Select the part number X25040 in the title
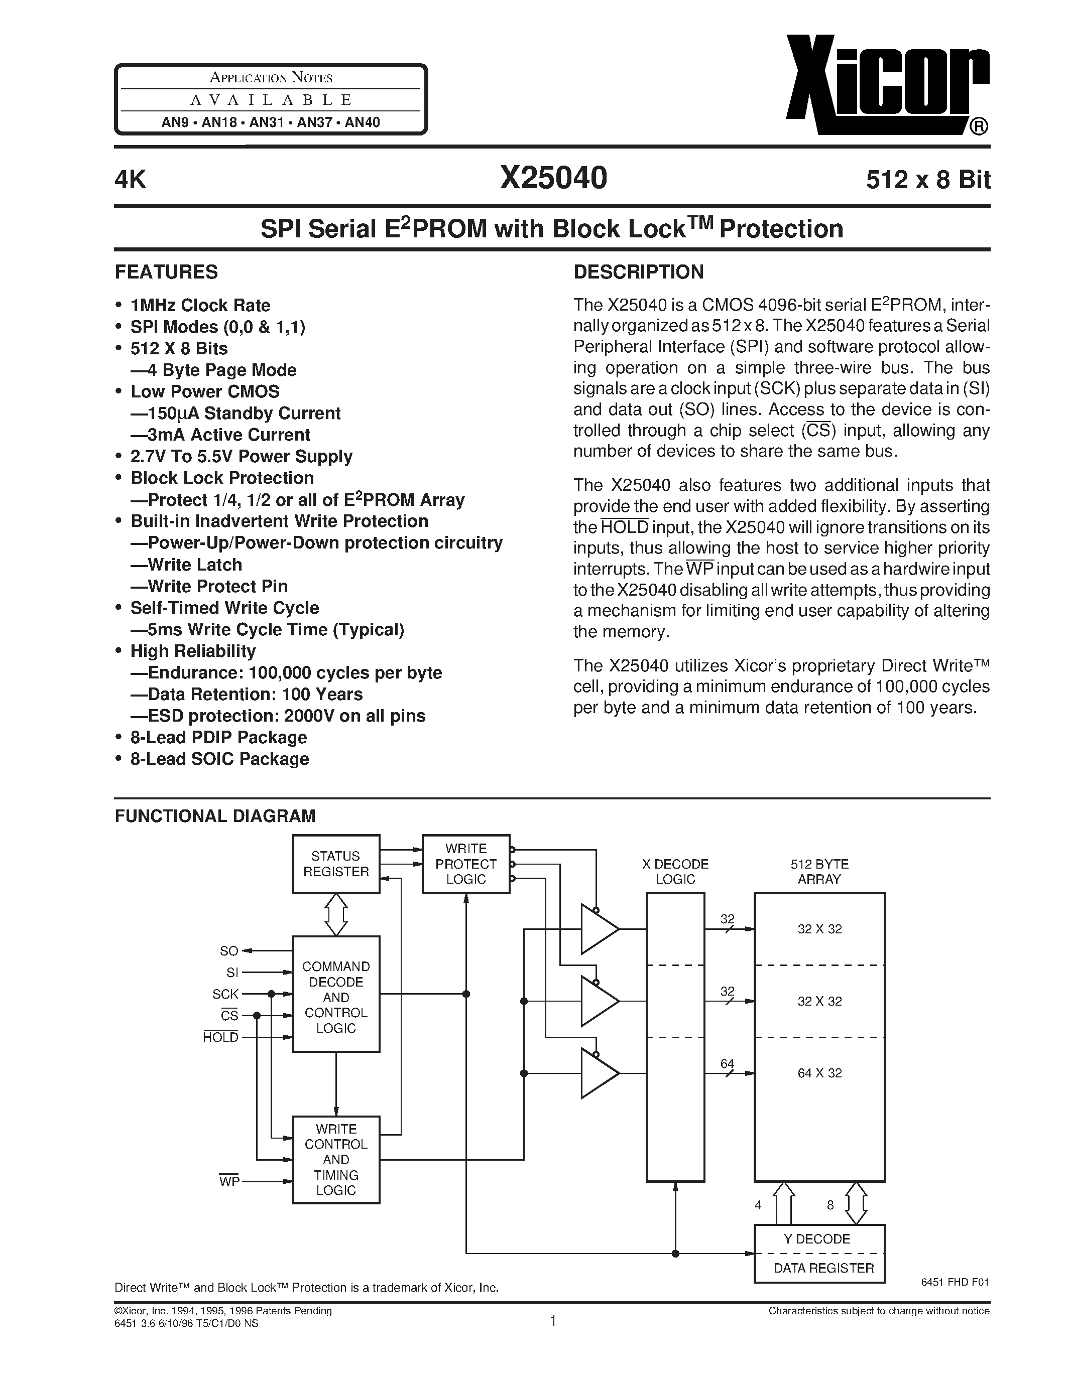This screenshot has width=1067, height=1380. tap(553, 178)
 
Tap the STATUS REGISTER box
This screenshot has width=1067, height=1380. tap(335, 864)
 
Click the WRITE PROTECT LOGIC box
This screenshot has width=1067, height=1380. tap(466, 864)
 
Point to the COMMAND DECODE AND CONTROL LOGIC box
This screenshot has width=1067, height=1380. tap(335, 997)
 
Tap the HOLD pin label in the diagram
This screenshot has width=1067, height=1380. tap(220, 1038)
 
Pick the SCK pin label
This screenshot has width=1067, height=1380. tap(225, 994)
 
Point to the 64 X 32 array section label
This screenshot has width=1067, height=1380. tap(819, 1073)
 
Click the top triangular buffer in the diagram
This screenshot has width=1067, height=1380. tap(598, 929)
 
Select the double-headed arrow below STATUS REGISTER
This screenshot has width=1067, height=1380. tap(335, 914)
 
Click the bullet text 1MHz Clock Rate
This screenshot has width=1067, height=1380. tap(200, 305)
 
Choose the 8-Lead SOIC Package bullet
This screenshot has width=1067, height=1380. tap(219, 759)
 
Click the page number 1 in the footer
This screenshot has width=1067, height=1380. tap(553, 1321)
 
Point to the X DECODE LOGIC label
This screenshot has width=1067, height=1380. tap(675, 871)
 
